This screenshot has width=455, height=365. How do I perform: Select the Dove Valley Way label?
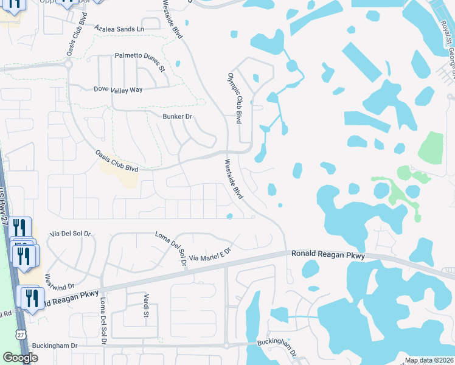pyautogui.click(x=118, y=89)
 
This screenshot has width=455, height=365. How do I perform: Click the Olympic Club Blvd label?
pyautogui.click(x=235, y=100)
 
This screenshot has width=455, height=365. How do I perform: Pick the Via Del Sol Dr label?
pyautogui.click(x=70, y=233)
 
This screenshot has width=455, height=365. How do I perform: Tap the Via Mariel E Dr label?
pyautogui.click(x=210, y=254)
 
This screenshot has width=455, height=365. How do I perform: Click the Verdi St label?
pyautogui.click(x=146, y=305)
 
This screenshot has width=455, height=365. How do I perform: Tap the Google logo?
pyautogui.click(x=21, y=358)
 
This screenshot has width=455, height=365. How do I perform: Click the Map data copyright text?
pyautogui.click(x=429, y=360)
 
